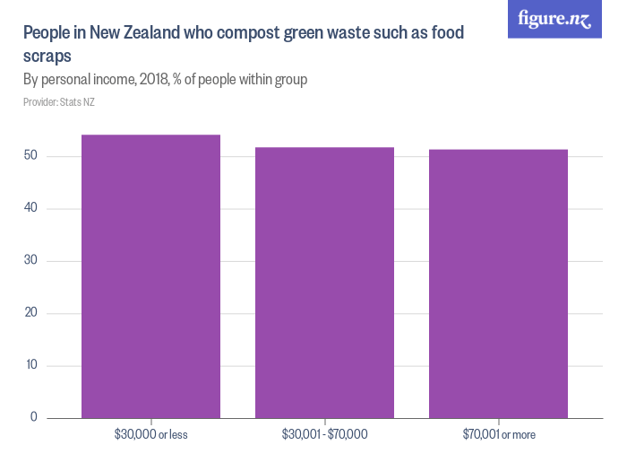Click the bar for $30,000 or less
pyautogui.click(x=150, y=276)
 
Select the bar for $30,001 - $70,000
pyautogui.click(x=324, y=283)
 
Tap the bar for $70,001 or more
pyautogui.click(x=498, y=283)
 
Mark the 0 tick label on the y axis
pyautogui.click(x=33, y=417)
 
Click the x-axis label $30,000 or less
pyautogui.click(x=150, y=435)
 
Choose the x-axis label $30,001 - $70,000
pyautogui.click(x=324, y=435)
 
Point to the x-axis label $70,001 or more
pyautogui.click(x=499, y=435)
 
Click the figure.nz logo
pyautogui.click(x=555, y=19)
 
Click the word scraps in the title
pyautogui.click(x=47, y=57)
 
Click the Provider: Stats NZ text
pyautogui.click(x=59, y=102)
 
